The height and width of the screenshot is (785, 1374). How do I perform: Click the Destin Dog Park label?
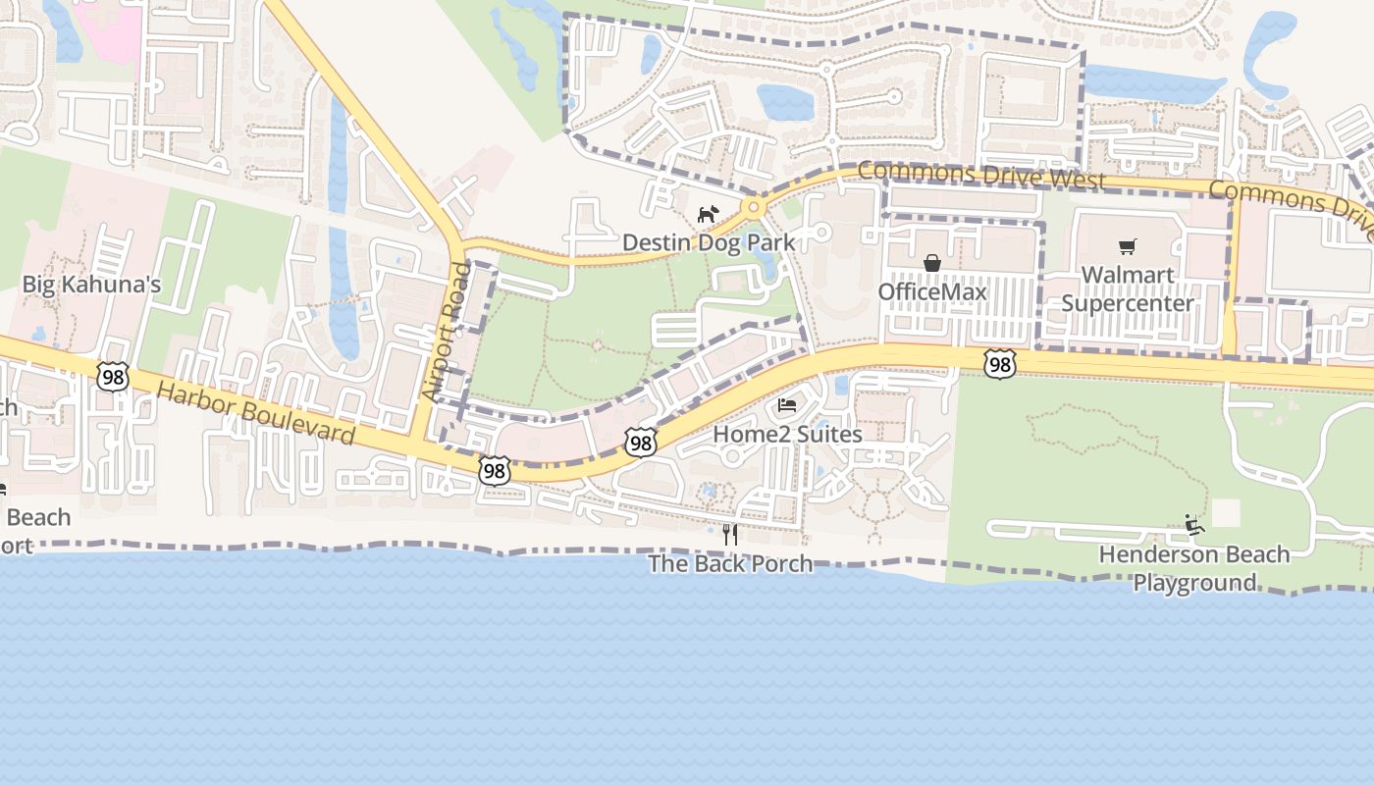[709, 242]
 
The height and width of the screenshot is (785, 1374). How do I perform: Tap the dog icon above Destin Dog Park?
[707, 214]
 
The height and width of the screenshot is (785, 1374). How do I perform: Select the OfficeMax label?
[931, 292]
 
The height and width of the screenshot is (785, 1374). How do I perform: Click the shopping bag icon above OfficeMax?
[932, 263]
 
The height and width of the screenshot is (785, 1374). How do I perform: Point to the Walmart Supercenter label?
[1128, 288]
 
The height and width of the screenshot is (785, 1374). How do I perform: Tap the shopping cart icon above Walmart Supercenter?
[1127, 246]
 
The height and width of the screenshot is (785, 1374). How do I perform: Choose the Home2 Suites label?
[787, 434]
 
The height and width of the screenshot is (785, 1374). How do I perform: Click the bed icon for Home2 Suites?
[787, 405]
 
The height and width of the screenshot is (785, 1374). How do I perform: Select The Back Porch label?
[730, 563]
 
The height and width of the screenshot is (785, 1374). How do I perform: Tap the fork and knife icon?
[729, 535]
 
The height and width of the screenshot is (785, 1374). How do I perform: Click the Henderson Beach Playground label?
[1193, 568]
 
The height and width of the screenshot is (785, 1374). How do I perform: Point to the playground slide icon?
[1193, 525]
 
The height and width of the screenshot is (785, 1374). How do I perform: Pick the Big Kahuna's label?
[91, 286]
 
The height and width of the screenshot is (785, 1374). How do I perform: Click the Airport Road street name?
[447, 332]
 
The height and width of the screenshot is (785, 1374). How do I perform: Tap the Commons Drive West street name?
[981, 177]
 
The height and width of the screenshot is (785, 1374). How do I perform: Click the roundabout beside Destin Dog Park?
[754, 207]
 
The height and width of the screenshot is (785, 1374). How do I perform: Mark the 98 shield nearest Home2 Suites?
[640, 444]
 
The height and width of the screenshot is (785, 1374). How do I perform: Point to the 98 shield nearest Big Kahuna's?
[113, 375]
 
